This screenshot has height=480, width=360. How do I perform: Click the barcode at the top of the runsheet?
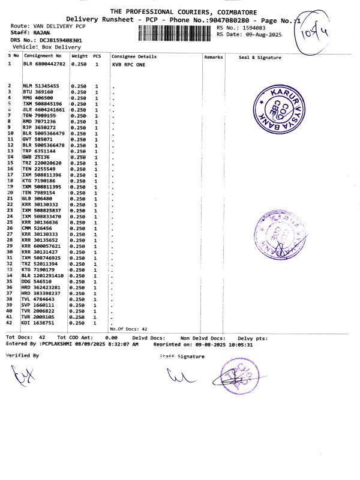(176, 32)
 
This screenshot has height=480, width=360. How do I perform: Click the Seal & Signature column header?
(260, 57)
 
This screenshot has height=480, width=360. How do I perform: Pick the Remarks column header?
(214, 57)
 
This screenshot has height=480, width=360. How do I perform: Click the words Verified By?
(22, 355)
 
